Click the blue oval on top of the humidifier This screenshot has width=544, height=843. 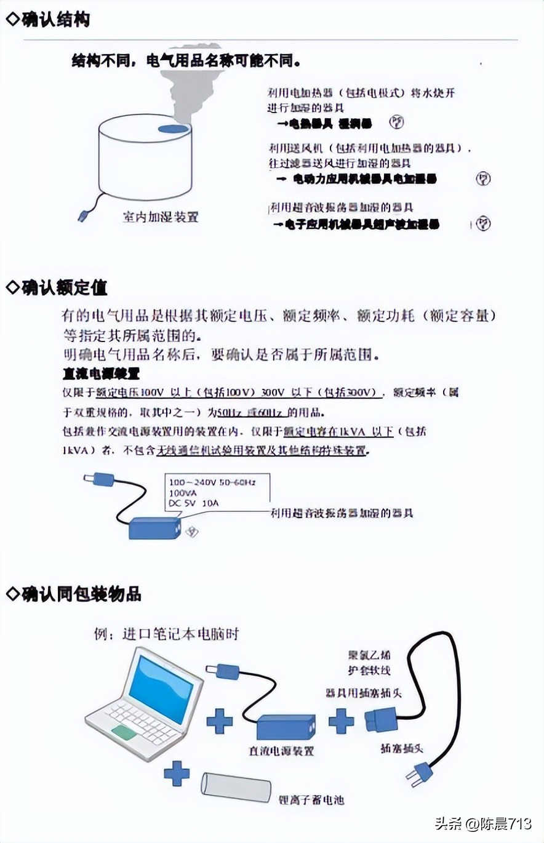[x=172, y=129]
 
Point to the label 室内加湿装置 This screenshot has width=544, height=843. [x=161, y=217]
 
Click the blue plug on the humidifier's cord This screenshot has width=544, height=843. [x=84, y=216]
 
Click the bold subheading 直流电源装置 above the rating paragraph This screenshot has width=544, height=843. [x=101, y=373]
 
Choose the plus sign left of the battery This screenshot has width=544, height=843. [x=177, y=773]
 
